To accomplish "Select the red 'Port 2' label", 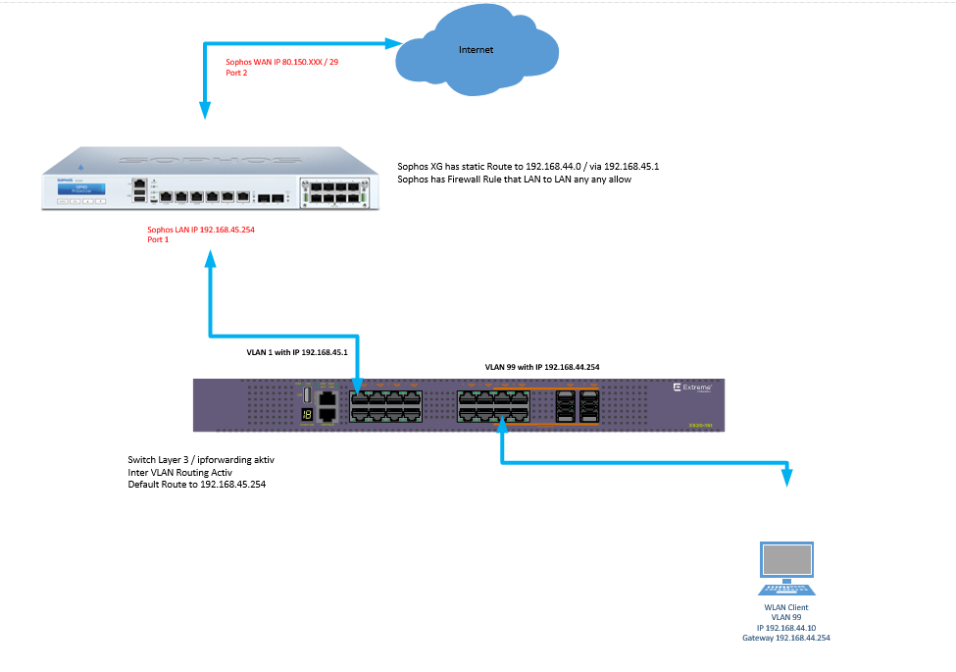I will pyautogui.click(x=237, y=73).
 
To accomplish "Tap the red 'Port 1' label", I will pyautogui.click(x=158, y=240).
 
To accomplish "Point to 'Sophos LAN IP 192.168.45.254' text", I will pyautogui.click(x=206, y=230).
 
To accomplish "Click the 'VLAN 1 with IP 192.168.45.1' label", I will pyautogui.click(x=296, y=350).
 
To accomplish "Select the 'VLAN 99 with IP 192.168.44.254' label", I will pyautogui.click(x=542, y=366).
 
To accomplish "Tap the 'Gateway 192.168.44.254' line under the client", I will pyautogui.click(x=786, y=638).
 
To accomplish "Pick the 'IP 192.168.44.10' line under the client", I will pyautogui.click(x=786, y=628).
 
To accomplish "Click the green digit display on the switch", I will pyautogui.click(x=307, y=415).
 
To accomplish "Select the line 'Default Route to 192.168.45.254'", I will pyautogui.click(x=196, y=485).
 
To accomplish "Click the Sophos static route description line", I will pyautogui.click(x=528, y=167).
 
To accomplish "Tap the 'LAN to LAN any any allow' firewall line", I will pyautogui.click(x=507, y=180).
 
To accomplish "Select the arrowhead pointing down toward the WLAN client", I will pyautogui.click(x=787, y=477).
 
